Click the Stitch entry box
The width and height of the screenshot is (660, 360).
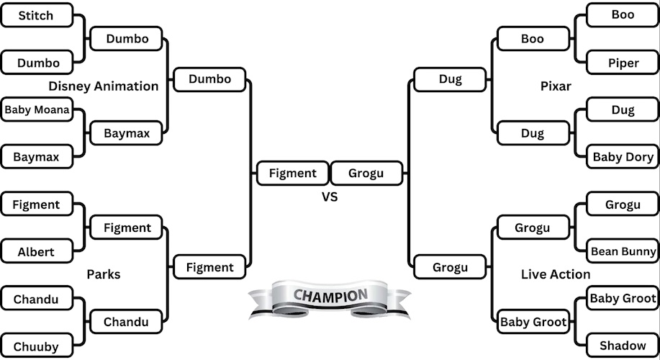click(37, 14)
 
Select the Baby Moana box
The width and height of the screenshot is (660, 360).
click(37, 110)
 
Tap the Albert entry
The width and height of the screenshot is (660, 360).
click(37, 252)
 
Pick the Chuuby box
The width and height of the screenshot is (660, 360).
click(37, 346)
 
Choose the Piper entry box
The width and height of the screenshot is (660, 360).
click(623, 63)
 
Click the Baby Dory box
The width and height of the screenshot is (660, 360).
click(623, 157)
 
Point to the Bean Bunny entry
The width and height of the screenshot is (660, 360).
click(623, 251)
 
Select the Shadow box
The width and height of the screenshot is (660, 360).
click(623, 346)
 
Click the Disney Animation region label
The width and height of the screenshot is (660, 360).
click(104, 86)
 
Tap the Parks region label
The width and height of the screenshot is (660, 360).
click(104, 274)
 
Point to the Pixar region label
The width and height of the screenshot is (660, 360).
click(556, 86)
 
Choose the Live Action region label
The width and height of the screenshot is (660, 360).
click(556, 274)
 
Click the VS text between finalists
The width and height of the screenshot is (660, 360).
click(330, 197)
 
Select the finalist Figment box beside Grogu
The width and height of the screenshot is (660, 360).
click(293, 173)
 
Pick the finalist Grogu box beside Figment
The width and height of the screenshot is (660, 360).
click(366, 173)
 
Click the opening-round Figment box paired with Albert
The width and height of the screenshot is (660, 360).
click(37, 204)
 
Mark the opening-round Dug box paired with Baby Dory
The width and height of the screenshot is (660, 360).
click(623, 110)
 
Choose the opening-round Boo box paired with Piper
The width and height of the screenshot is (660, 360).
click(623, 14)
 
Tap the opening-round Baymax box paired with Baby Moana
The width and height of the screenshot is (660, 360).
click(37, 156)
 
